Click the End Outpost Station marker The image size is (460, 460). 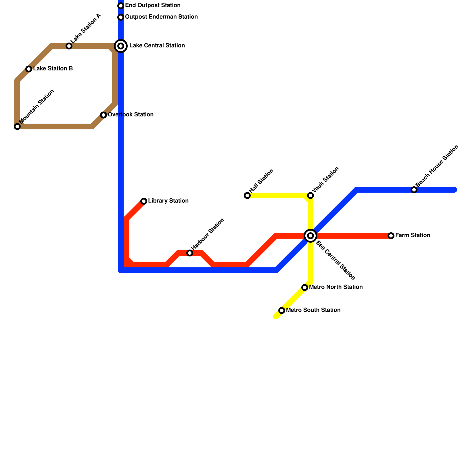[x=121, y=6]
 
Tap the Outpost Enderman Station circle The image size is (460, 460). [x=121, y=17]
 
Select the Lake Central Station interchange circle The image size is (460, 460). [x=121, y=46]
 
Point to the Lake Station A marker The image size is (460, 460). [x=69, y=46]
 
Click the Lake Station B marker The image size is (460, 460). [x=29, y=69]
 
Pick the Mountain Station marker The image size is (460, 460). [x=17, y=126]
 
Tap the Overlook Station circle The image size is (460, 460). [x=103, y=115]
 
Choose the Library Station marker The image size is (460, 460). [x=144, y=201]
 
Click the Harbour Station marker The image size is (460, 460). [x=190, y=253]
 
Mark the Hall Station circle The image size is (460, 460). [x=247, y=195]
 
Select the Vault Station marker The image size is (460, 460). [x=310, y=195]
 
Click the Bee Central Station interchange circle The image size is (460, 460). [x=310, y=236]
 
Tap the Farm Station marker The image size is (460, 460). [x=391, y=236]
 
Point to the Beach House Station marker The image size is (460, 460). [x=414, y=190]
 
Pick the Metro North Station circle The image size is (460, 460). [x=305, y=287]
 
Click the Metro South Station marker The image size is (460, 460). [x=282, y=310]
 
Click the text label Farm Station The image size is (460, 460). [x=413, y=235]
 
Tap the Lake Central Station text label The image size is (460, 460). [x=157, y=46]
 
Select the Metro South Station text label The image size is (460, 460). [x=313, y=310]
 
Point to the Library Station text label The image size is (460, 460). [x=168, y=201]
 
